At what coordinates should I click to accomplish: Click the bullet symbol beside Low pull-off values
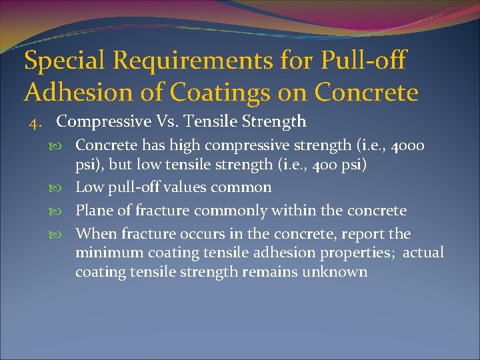pyautogui.click(x=65, y=188)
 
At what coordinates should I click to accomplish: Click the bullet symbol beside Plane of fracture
pyautogui.click(x=65, y=211)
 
